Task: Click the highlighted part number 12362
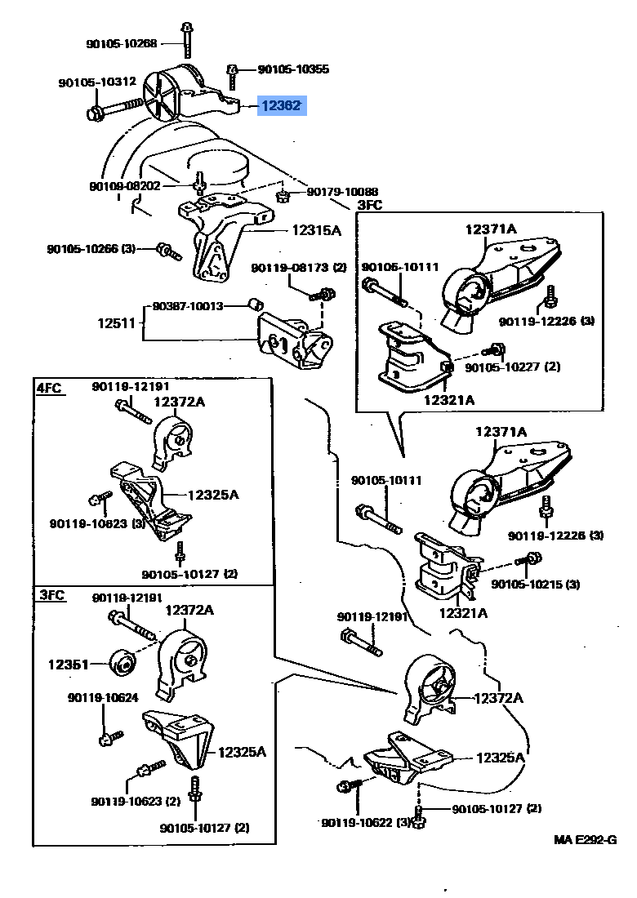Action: pyautogui.click(x=282, y=105)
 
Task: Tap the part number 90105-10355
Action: pyautogui.click(x=293, y=70)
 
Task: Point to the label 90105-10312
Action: pyautogui.click(x=97, y=82)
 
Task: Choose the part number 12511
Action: pyautogui.click(x=116, y=323)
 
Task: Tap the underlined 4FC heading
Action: pyautogui.click(x=49, y=389)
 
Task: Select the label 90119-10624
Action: pyautogui.click(x=103, y=697)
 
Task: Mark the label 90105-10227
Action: pyautogui.click(x=513, y=367)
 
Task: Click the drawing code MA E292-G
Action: pyautogui.click(x=584, y=839)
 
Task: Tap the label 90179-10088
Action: pyautogui.click(x=344, y=192)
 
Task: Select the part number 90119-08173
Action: pyautogui.click(x=299, y=268)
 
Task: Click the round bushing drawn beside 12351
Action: pyautogui.click(x=122, y=661)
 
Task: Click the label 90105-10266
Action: pyautogui.click(x=90, y=248)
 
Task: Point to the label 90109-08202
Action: pyautogui.click(x=125, y=186)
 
